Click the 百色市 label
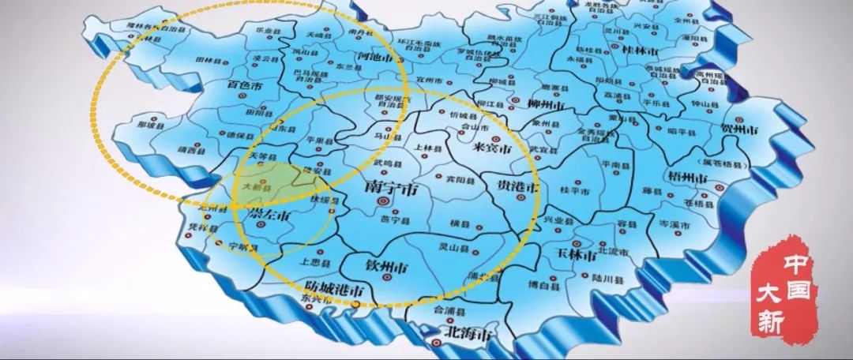point(244,84)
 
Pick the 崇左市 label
point(269,214)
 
